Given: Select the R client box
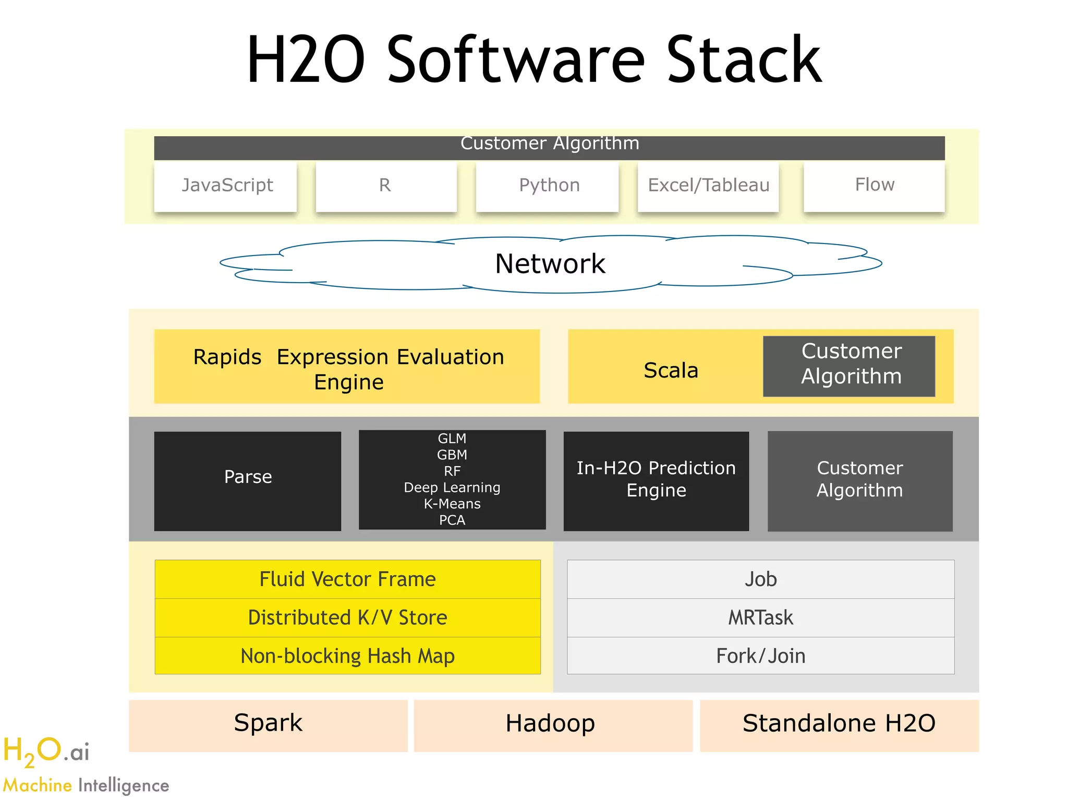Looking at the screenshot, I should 386,186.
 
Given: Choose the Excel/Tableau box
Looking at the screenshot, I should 708,186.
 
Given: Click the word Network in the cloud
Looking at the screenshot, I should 550,264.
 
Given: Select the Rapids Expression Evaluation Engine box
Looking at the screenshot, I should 347,367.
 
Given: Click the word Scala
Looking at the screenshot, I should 671,370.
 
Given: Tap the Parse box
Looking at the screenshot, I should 248,477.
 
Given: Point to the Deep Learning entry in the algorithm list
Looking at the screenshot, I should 452,488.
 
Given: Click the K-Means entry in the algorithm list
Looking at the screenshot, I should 452,504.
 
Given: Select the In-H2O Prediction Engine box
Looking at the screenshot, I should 656,479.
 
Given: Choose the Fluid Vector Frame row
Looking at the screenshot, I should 348,579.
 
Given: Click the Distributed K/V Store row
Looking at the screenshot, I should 348,617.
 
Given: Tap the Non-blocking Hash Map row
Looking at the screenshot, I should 348,656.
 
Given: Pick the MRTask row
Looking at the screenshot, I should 760,617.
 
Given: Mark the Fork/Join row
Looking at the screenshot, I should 760,656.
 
